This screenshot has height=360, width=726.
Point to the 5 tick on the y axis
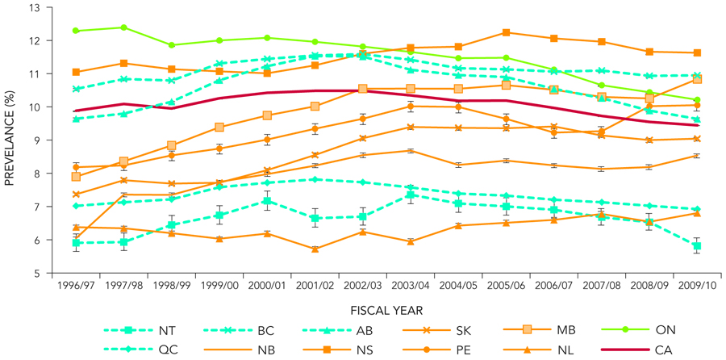[x=37, y=273]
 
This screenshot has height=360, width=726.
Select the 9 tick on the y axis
[x=37, y=140]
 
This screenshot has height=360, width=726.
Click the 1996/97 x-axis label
[x=76, y=285]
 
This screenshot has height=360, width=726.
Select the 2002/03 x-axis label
[x=363, y=285]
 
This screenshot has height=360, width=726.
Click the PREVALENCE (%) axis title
[x=10, y=140]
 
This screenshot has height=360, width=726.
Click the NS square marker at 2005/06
[x=506, y=32]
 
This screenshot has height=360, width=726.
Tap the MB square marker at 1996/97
[x=76, y=177]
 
